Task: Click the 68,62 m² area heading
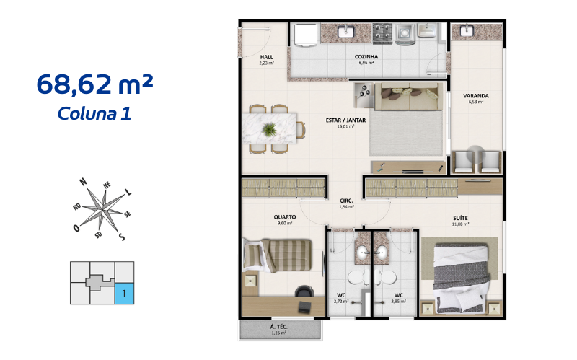pyautogui.click(x=94, y=85)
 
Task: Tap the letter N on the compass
pyautogui.click(x=84, y=181)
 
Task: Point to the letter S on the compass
pyautogui.click(x=122, y=237)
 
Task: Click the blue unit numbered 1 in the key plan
pyautogui.click(x=124, y=294)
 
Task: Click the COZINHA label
pyautogui.click(x=366, y=56)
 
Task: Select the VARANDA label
pyautogui.click(x=476, y=95)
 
